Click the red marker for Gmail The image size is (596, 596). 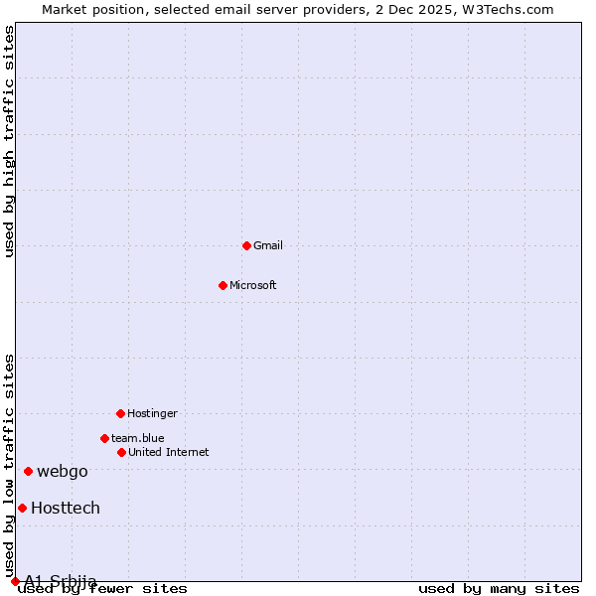click(246, 245)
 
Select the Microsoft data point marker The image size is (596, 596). click(223, 285)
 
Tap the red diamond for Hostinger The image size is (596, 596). click(120, 413)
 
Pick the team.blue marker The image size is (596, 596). click(104, 438)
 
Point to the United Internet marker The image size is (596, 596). click(121, 452)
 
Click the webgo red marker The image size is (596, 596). click(28, 471)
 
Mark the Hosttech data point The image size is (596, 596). click(22, 508)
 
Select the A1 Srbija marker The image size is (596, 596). click(15, 581)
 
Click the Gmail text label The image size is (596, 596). click(267, 245)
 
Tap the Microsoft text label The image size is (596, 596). click(252, 285)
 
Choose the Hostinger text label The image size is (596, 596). click(152, 413)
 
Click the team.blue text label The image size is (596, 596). click(137, 438)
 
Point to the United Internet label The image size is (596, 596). click(168, 452)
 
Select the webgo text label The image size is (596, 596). click(62, 471)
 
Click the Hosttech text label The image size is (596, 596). click(66, 508)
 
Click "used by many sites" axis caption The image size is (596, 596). click(499, 588)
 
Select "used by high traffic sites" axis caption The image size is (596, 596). click(9, 141)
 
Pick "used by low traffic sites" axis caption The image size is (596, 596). click(9, 466)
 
